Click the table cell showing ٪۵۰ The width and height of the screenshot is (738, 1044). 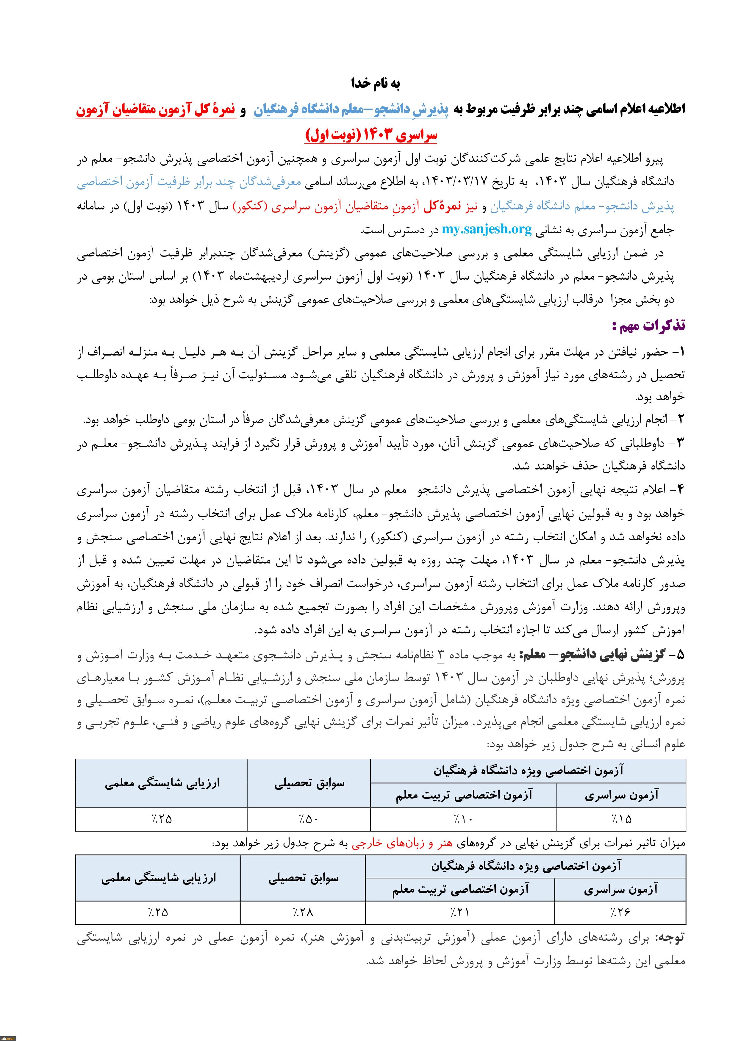(x=309, y=819)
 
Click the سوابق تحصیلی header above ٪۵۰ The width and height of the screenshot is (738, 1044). (x=309, y=783)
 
